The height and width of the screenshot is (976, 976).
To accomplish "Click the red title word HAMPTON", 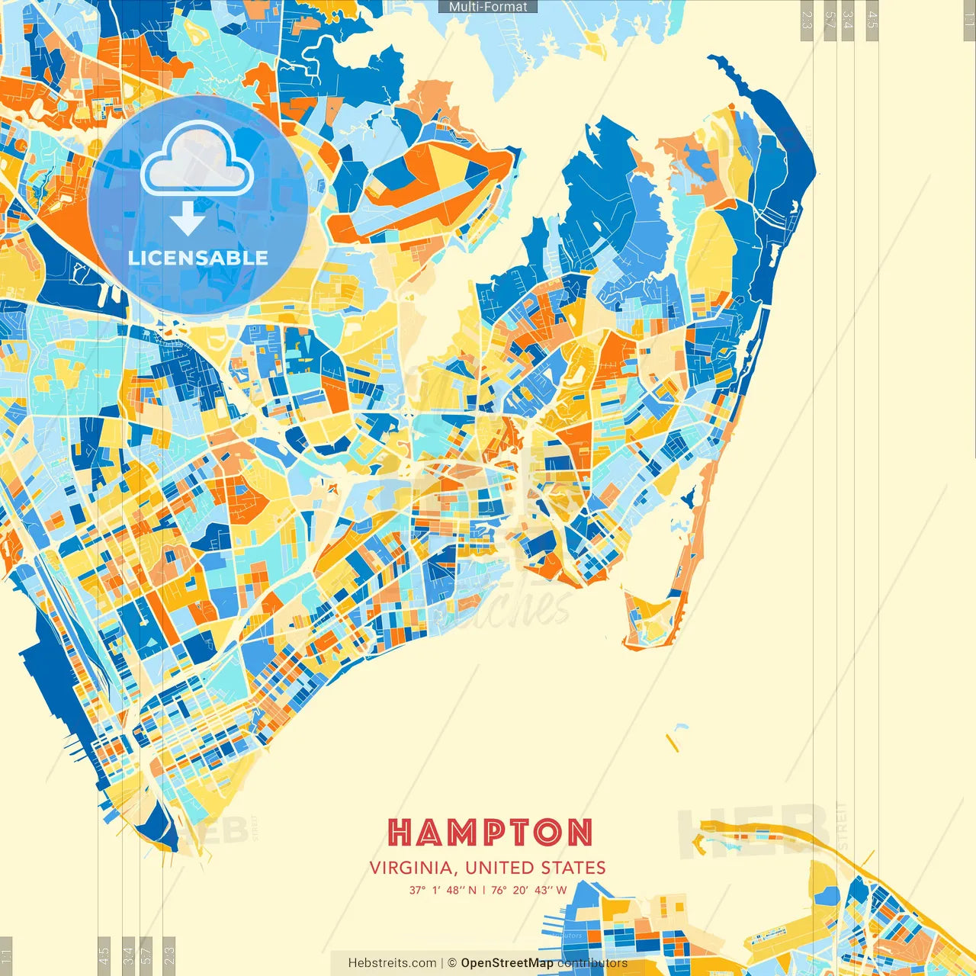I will click(x=490, y=833).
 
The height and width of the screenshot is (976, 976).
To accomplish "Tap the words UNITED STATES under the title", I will click(x=535, y=868).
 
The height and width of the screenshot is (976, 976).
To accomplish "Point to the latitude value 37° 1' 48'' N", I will click(x=442, y=890).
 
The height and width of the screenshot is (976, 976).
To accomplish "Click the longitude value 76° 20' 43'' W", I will click(x=529, y=890).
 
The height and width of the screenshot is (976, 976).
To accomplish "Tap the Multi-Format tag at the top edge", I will click(x=488, y=6).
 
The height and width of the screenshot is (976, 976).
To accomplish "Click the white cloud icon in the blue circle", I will click(x=197, y=159).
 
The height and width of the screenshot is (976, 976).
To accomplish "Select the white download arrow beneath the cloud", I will click(x=187, y=218).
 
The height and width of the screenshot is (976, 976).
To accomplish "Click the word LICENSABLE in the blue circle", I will click(x=198, y=258).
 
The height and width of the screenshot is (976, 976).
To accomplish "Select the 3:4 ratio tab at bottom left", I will click(x=128, y=955).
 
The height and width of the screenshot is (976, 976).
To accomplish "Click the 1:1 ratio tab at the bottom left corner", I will click(x=6, y=955).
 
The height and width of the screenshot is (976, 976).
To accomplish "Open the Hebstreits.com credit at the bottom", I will click(x=392, y=963).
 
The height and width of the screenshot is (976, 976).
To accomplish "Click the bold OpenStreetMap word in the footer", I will click(x=506, y=963).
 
